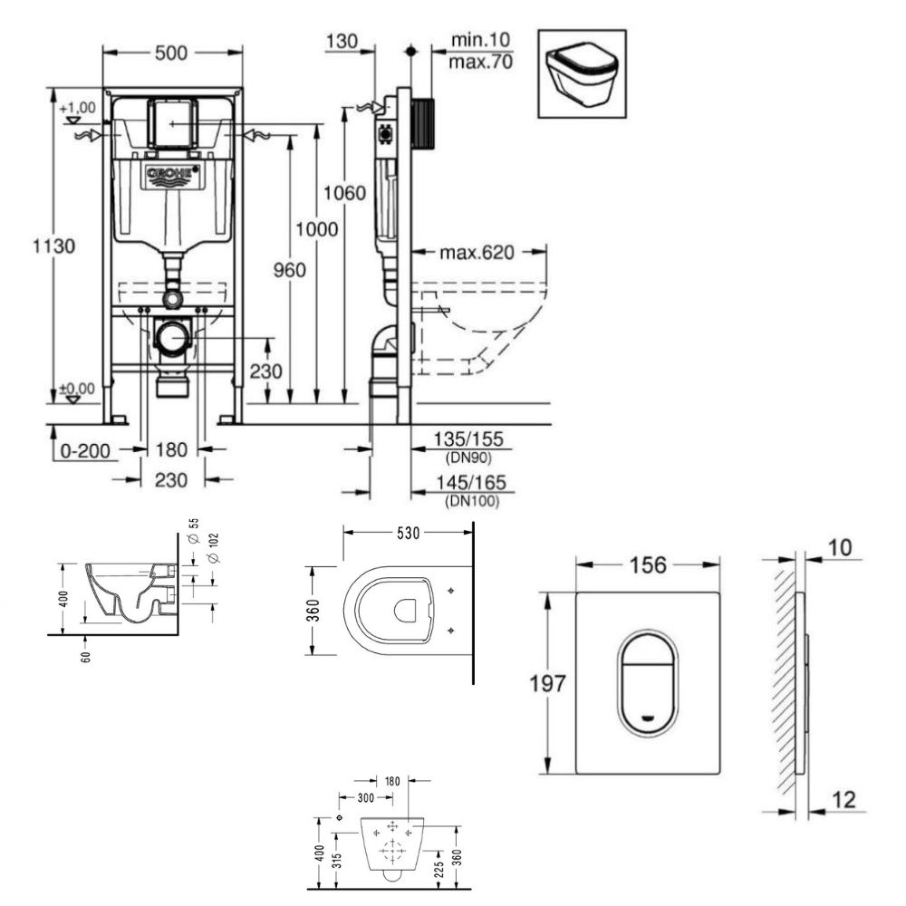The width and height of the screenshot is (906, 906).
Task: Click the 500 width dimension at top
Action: [x=171, y=53]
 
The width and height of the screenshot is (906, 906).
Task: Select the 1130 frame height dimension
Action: [x=53, y=246]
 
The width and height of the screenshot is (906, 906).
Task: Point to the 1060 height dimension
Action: [x=345, y=192]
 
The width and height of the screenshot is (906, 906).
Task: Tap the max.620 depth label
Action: [x=477, y=253]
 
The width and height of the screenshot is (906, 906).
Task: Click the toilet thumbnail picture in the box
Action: [x=582, y=74]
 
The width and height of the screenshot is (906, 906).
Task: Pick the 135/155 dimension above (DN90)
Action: [x=468, y=439]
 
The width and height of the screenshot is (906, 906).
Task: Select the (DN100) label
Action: [x=471, y=500]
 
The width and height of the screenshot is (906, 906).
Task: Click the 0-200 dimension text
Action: [x=85, y=450]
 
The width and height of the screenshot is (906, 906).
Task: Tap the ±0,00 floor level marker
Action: [x=77, y=389]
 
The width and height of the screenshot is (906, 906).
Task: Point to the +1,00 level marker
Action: [x=77, y=108]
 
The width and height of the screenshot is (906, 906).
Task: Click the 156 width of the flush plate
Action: [x=649, y=564]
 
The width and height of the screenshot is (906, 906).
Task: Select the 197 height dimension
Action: [x=547, y=683]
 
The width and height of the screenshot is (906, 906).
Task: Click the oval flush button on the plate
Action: [x=648, y=682]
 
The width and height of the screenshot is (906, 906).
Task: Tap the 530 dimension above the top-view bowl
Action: [x=408, y=533]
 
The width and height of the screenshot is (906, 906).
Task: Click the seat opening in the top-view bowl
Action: [x=405, y=611]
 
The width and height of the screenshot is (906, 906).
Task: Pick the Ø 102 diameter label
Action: [x=213, y=549]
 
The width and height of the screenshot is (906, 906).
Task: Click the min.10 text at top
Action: [x=481, y=40]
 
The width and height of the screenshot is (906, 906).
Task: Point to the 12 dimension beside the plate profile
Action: [x=843, y=800]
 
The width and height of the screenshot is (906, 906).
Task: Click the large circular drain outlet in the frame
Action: [x=171, y=337]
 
